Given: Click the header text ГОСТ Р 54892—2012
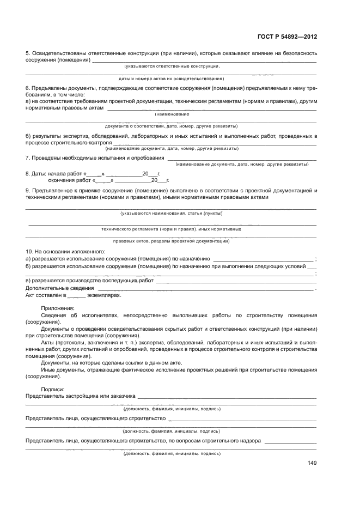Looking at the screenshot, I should pos(286,37).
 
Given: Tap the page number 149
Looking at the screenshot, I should pos(312,463).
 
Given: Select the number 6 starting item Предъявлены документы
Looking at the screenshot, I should pos(27,88).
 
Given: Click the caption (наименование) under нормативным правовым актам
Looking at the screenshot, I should pos(172,114).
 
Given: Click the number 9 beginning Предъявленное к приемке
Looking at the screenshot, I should pos(27,190).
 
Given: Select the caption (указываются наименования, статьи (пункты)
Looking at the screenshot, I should pos(172,213).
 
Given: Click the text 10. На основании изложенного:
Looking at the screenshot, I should pos(57,251).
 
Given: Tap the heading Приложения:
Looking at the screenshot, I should pos(57,308).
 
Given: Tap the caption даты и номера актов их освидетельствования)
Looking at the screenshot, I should pos(172,78).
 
